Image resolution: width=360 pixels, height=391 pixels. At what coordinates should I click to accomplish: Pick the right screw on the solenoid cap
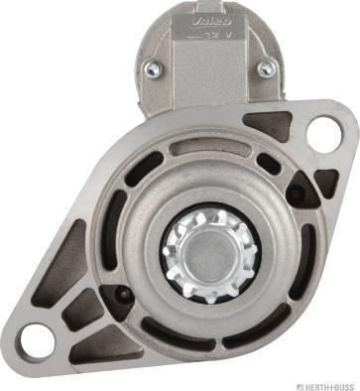[x=265, y=68]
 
